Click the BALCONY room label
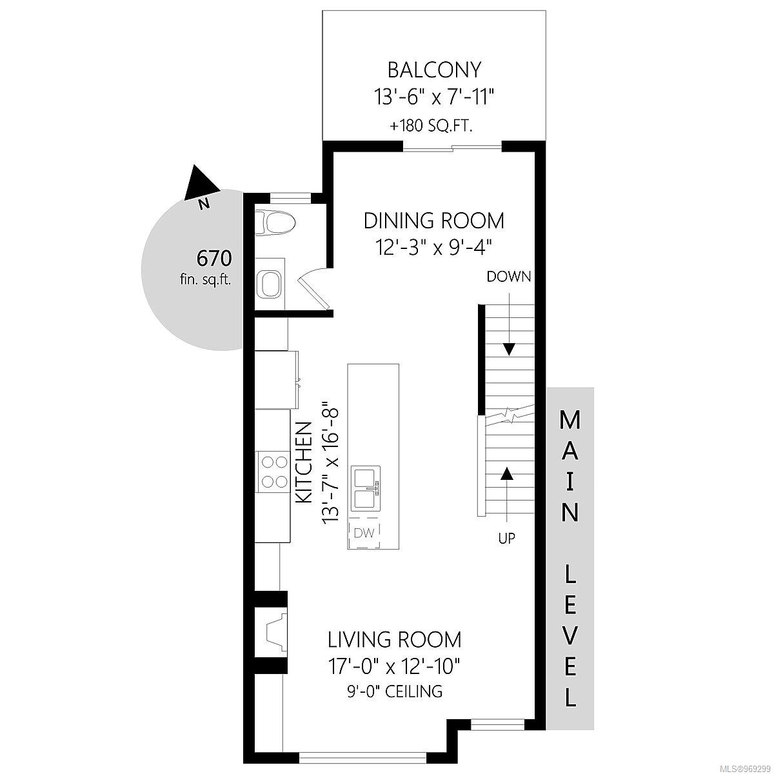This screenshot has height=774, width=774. [434, 70]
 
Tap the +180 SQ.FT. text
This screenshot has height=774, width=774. [431, 126]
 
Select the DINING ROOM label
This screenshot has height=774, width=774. [434, 221]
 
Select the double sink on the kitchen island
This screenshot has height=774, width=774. [366, 488]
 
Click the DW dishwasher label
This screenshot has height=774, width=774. [364, 533]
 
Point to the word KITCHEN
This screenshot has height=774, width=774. [304, 462]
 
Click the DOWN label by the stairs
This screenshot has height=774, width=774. [509, 277]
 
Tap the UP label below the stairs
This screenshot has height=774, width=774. [506, 538]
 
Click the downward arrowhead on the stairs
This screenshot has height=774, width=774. [510, 350]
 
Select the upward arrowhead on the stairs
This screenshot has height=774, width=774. [508, 474]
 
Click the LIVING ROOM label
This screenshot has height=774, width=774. [395, 640]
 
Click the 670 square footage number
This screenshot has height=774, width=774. [214, 258]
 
